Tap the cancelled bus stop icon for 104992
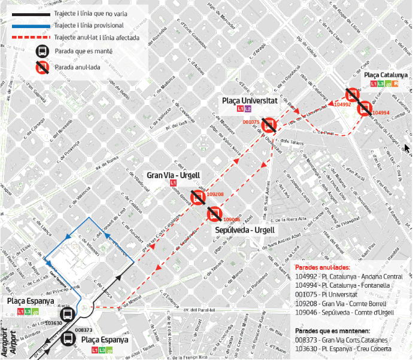[353, 95]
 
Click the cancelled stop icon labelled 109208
[197, 197]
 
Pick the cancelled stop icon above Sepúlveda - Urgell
[214, 214]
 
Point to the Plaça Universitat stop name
[250, 101]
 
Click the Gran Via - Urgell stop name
[173, 175]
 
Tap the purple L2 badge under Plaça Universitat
[248, 109]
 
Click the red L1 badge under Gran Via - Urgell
[173, 183]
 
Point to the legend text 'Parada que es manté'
[84, 51]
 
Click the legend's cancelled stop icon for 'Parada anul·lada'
[42, 68]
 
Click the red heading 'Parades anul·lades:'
[323, 267]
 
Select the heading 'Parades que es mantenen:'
[333, 331]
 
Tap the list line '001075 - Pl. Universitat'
[326, 294]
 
